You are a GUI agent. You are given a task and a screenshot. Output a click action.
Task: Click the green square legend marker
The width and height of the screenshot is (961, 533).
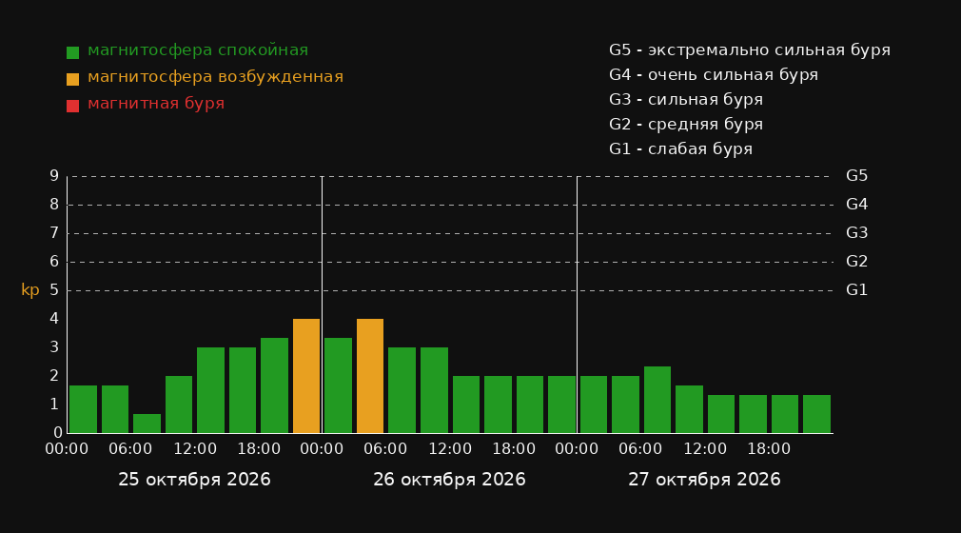(x=73, y=52)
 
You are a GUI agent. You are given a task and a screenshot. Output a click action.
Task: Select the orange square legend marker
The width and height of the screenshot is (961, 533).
(x=73, y=79)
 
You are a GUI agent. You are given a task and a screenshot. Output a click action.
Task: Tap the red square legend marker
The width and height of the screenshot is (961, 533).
(x=73, y=106)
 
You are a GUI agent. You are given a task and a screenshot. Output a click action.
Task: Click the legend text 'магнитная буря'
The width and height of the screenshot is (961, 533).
(x=156, y=104)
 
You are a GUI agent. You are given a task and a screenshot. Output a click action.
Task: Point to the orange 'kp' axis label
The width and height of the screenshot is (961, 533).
(x=30, y=290)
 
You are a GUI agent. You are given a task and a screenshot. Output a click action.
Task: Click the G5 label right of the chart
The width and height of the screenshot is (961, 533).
(x=856, y=176)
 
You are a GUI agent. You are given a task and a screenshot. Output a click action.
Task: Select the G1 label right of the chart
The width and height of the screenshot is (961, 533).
(x=856, y=290)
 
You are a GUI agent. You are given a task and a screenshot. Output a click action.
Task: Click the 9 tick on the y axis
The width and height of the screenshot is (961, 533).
(x=54, y=176)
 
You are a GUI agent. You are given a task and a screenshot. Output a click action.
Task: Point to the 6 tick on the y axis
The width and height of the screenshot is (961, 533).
(x=54, y=262)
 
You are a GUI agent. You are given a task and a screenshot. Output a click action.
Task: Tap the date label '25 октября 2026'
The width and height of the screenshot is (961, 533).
(x=194, y=480)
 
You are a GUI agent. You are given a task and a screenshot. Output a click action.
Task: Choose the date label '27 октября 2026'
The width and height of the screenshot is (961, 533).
(x=704, y=480)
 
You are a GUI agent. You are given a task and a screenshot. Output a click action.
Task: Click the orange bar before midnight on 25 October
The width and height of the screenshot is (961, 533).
(x=306, y=376)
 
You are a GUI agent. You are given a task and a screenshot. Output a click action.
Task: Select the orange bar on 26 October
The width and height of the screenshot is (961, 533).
(x=370, y=376)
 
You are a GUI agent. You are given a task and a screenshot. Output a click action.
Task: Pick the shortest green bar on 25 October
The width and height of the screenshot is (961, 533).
(x=147, y=424)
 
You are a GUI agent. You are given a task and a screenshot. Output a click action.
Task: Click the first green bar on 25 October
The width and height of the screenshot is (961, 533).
(x=84, y=409)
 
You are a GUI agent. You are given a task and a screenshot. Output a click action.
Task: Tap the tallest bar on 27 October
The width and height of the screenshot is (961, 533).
(x=657, y=400)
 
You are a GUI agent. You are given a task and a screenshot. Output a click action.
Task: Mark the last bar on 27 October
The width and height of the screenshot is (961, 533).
(x=816, y=414)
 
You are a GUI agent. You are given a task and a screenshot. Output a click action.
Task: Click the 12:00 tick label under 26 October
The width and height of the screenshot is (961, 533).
(x=450, y=449)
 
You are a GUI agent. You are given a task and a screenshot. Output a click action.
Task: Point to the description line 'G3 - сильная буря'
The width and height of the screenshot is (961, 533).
(x=686, y=100)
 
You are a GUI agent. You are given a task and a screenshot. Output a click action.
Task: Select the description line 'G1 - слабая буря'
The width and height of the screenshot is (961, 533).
(x=681, y=149)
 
